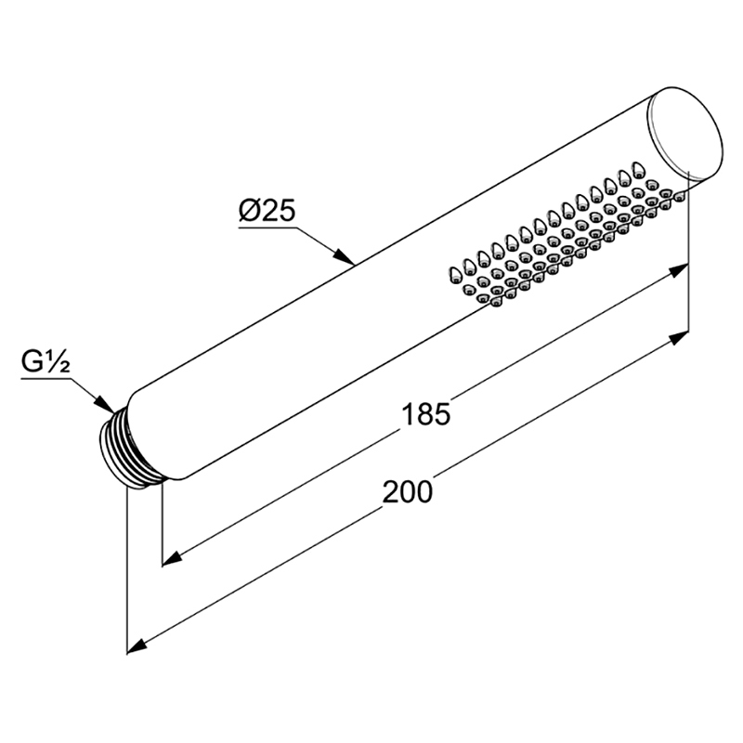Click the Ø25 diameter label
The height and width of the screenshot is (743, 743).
click(x=267, y=211)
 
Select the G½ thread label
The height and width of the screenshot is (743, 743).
click(x=46, y=362)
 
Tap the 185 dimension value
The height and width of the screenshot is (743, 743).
click(x=425, y=413)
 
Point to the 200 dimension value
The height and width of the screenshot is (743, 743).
click(x=408, y=491)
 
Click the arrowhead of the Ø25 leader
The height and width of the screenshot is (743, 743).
click(x=345, y=256)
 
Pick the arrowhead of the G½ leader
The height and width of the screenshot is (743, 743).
click(x=105, y=403)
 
